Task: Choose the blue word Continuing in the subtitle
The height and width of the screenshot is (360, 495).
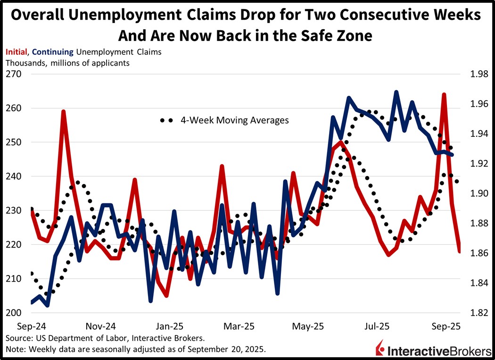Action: point(53,52)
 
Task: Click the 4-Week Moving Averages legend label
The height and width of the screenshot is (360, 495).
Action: point(234,120)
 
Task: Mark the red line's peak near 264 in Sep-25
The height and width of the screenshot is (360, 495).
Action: point(444,94)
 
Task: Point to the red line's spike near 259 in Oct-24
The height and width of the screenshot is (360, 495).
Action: point(63,111)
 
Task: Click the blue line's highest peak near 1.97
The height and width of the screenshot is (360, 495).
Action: point(396,92)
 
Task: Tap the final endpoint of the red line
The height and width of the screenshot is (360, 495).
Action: point(460,251)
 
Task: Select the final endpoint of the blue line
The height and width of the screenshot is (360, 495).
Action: point(453,155)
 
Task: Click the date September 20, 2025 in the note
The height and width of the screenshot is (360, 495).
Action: point(231,349)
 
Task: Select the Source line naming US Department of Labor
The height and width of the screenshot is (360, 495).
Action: point(105,338)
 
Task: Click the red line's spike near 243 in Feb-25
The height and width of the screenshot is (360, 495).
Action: point(222,167)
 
